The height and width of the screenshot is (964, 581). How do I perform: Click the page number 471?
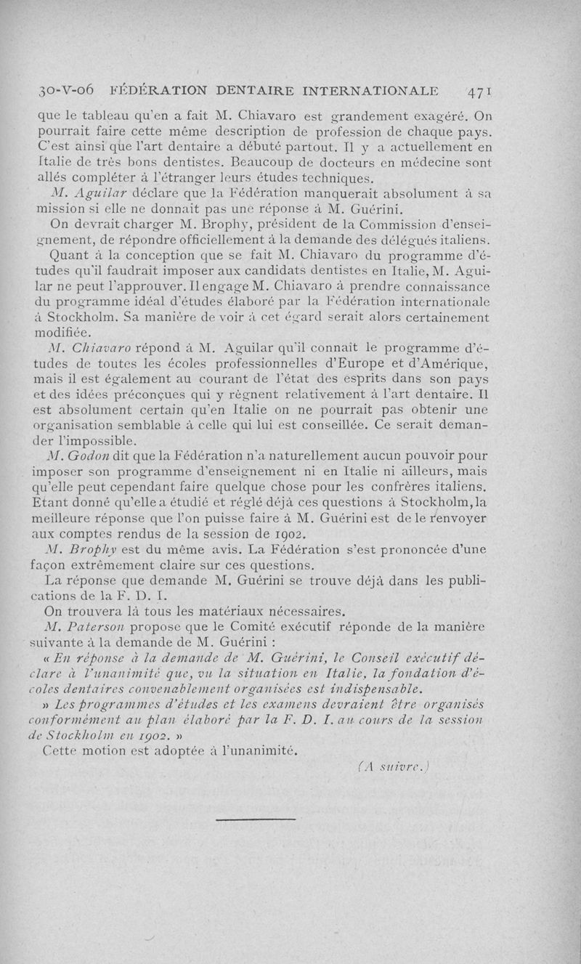[481, 92]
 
